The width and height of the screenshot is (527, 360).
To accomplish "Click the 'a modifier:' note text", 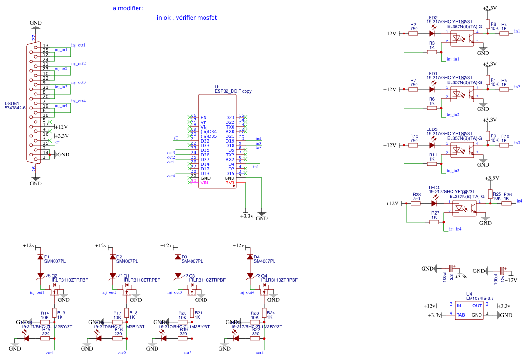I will pos(128,8).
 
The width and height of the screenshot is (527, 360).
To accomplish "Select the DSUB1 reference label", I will pos(12,103).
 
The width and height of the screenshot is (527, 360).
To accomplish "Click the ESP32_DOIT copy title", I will pos(233,91).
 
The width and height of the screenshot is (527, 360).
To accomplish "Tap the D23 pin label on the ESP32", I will pos(230,117).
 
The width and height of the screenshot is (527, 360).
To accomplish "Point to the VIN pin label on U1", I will pos(204,183).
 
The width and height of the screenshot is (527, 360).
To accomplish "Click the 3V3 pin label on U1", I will pos(230,183).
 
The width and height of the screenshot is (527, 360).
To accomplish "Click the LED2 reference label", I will pos(432,18).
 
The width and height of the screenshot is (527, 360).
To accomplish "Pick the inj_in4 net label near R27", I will pos(454,229).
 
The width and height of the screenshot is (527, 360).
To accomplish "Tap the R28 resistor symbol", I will pos(417,204).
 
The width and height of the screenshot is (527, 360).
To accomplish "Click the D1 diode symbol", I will pos(40,257).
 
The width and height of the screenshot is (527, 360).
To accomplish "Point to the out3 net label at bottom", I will pos(187,353).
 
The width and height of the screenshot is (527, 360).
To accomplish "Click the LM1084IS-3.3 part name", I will pos(479,298).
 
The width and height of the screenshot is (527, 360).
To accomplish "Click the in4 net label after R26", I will pos(519,201).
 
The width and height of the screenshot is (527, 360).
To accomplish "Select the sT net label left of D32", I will pos(176,138).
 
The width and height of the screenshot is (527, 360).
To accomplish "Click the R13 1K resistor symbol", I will pos(55,312).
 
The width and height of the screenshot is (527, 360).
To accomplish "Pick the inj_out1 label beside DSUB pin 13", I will pos(78,45).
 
